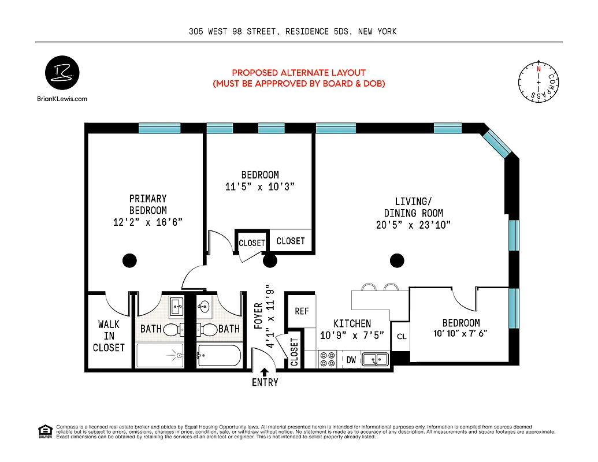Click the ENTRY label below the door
point(265,382)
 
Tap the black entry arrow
point(265,372)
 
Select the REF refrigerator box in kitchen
point(302,311)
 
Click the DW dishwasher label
point(351,360)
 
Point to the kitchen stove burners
point(328,359)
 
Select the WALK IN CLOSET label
point(109,336)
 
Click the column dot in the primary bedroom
point(130,260)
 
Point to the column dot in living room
point(397,260)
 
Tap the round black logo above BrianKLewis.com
point(62,74)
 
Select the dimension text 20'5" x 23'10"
point(413,225)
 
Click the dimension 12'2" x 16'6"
point(148,222)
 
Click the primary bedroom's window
point(159,128)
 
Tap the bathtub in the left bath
point(159,355)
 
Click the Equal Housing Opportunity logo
point(44,431)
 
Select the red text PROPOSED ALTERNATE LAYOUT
point(299,73)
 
